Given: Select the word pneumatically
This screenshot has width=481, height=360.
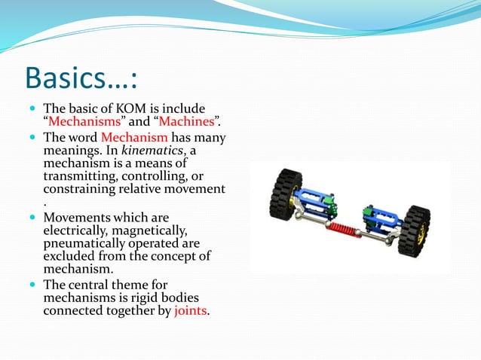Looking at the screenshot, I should point(82,244).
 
